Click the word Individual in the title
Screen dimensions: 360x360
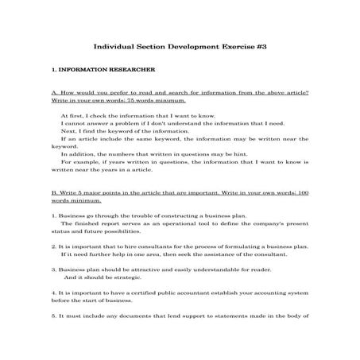point(116,48)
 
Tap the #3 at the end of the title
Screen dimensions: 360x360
point(258,48)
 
